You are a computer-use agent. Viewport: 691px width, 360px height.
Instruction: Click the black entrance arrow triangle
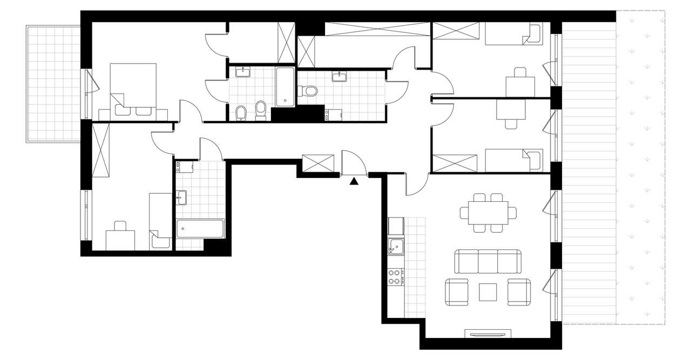click(x=354, y=181)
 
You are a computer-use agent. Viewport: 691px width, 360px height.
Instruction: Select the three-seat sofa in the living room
click(x=489, y=261)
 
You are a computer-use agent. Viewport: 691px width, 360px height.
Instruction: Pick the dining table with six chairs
click(x=488, y=212)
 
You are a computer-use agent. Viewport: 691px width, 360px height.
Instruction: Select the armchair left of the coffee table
click(x=457, y=292)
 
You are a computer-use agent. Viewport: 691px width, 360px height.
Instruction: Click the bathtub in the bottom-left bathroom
click(x=200, y=229)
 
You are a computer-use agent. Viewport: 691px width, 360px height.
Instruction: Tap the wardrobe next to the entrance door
click(x=319, y=164)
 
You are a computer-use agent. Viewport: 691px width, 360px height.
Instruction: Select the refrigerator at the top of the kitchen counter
click(x=396, y=225)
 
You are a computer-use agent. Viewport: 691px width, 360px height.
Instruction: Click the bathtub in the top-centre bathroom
click(x=286, y=86)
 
